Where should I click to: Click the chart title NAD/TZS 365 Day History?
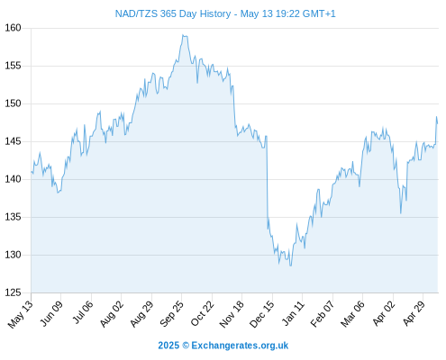click(x=173, y=13)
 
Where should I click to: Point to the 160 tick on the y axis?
click(x=13, y=28)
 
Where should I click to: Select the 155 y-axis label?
click(x=13, y=66)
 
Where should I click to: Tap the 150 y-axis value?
click(x=13, y=103)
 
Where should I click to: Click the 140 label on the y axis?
click(x=13, y=179)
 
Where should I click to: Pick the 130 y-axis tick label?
click(x=13, y=255)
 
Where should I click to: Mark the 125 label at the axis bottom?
click(x=13, y=292)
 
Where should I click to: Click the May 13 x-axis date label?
click(x=21, y=314)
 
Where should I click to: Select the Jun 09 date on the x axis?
click(x=51, y=313)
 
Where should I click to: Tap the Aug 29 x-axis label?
click(x=141, y=313)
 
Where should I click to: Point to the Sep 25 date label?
click(x=171, y=313)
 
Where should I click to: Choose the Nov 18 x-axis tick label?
click(x=232, y=314)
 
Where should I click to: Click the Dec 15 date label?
click(x=261, y=314)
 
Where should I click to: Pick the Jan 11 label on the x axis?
click(x=294, y=313)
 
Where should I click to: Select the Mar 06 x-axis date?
click(x=352, y=313)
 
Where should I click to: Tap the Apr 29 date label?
click(x=414, y=313)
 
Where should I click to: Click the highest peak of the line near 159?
click(x=183, y=35)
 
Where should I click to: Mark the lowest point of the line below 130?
click(x=290, y=265)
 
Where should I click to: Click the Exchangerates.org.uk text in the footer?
click(x=240, y=346)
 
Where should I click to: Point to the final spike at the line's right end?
click(x=436, y=117)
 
